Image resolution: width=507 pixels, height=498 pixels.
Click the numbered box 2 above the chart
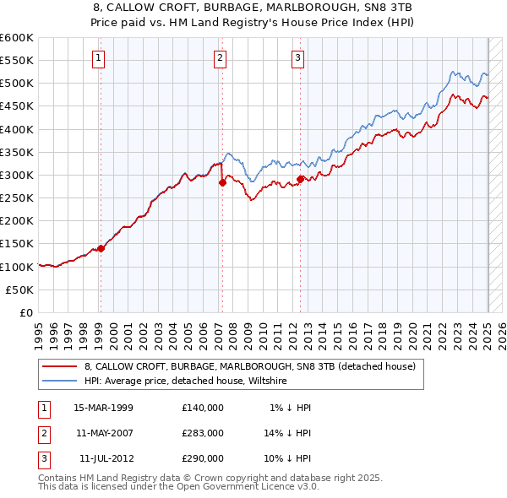click(x=220, y=58)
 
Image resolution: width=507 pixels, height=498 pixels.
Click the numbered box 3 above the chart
click(x=298, y=58)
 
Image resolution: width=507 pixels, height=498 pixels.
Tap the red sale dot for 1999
click(x=101, y=248)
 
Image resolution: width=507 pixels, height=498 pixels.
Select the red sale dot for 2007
click(x=221, y=182)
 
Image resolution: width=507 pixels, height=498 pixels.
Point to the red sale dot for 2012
click(x=300, y=179)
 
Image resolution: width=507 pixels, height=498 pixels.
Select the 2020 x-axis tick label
click(x=424, y=329)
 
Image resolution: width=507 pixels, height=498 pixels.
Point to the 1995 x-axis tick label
click(x=39, y=329)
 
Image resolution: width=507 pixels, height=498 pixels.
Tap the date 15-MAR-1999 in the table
click(x=103, y=408)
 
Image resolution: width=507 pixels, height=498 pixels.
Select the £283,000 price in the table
click(x=202, y=433)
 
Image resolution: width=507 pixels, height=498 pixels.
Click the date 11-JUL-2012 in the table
click(x=106, y=458)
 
